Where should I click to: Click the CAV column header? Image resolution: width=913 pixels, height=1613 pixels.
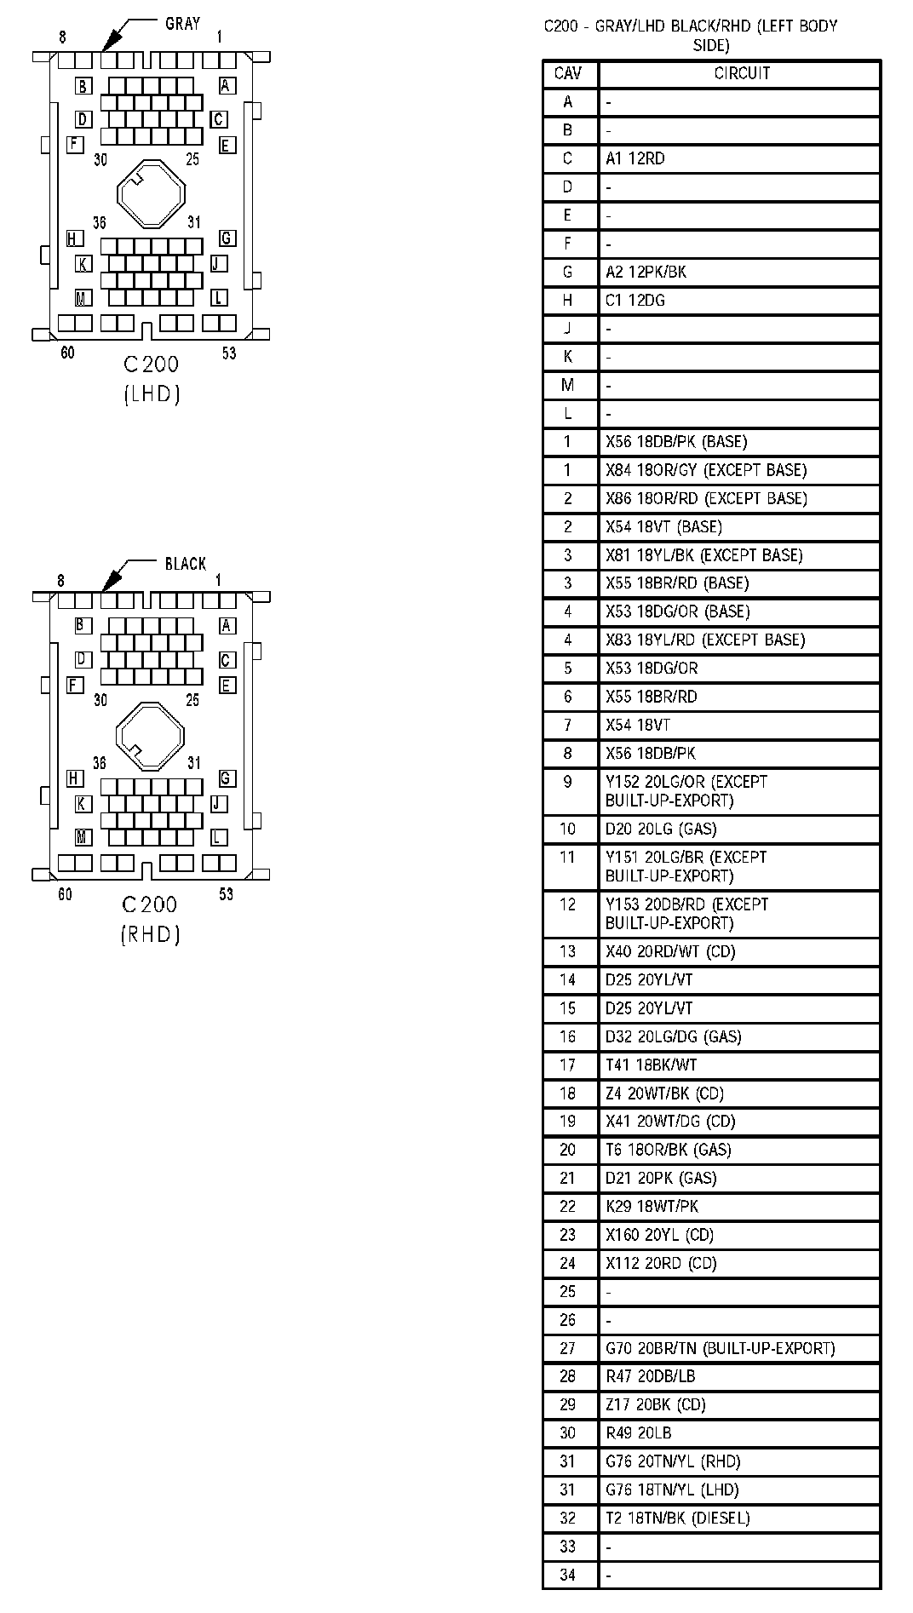(568, 73)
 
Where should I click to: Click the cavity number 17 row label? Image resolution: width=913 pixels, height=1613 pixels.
(568, 1065)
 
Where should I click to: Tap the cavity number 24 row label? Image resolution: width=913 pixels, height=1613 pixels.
(568, 1263)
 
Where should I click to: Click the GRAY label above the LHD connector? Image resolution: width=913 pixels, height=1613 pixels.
(182, 24)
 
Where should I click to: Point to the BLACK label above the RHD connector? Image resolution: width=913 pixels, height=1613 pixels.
(185, 564)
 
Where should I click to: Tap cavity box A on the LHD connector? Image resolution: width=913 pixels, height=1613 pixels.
(226, 86)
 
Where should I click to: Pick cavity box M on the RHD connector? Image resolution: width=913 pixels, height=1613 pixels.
(82, 837)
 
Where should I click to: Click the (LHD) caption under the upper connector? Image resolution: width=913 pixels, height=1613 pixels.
(152, 394)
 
